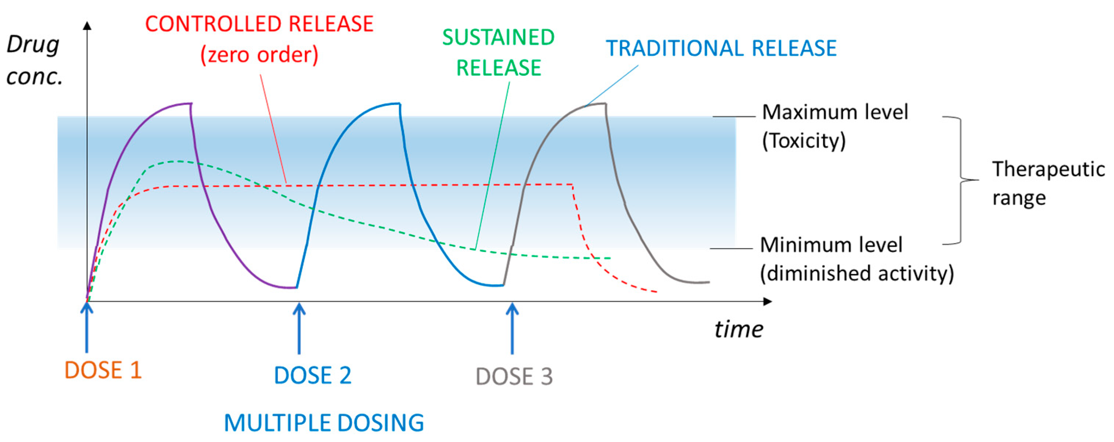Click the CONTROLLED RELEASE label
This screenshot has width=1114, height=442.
[259, 39]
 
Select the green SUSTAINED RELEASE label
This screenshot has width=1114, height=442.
[498, 52]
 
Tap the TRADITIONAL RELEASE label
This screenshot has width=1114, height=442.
[721, 48]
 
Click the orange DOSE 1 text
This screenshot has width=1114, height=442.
[103, 371]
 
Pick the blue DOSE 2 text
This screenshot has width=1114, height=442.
[313, 375]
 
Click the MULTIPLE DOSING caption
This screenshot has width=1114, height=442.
[324, 423]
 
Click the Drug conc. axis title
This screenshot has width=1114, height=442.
[34, 61]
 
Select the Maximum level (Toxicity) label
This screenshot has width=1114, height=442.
[835, 126]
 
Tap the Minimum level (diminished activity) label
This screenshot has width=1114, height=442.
[856, 259]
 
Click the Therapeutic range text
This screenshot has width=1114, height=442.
[1048, 183]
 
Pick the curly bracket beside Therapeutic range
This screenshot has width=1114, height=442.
[961, 180]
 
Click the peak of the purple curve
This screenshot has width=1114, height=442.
[184, 104]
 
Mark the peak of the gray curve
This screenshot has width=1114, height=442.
[599, 104]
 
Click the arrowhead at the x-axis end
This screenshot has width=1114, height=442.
[768, 301]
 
